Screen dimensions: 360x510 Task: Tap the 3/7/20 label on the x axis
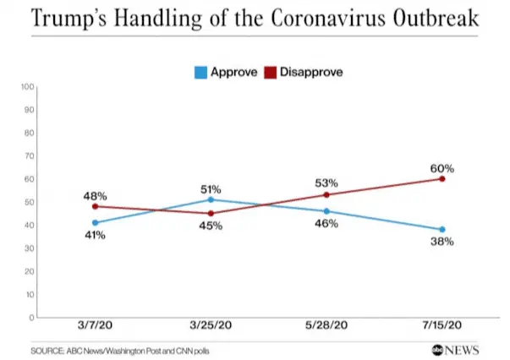tap(96, 326)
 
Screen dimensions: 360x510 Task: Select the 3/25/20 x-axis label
tap(211, 326)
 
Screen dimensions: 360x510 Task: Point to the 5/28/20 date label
tap(326, 326)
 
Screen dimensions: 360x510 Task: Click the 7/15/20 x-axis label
tap(441, 326)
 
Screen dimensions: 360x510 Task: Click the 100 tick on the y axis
tap(27, 86)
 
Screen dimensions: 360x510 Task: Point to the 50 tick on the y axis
tap(29, 202)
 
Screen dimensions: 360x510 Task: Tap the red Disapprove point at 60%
tap(442, 178)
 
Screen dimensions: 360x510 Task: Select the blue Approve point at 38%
tap(442, 229)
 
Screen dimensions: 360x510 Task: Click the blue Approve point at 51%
tap(211, 199)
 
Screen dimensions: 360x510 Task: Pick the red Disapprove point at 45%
tap(211, 213)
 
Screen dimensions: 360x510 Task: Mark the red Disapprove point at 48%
tap(96, 206)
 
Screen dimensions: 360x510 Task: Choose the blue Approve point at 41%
tap(96, 222)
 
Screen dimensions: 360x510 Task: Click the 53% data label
tap(326, 183)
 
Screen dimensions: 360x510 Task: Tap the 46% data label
tap(326, 224)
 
